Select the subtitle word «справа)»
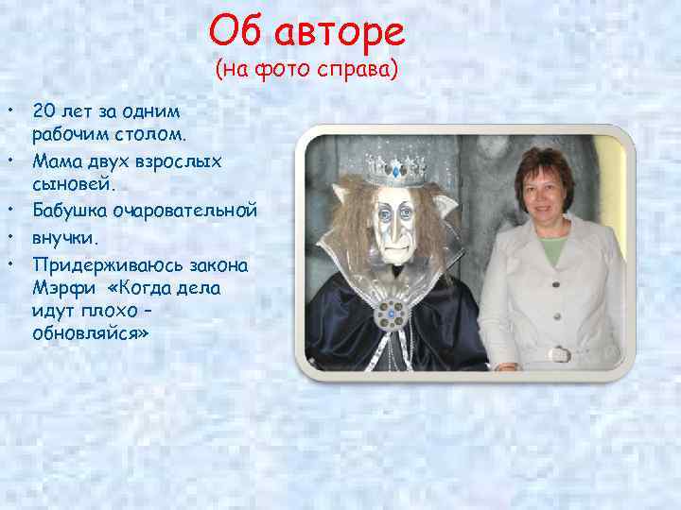361,70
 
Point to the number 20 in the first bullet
44,110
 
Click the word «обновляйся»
85,334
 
